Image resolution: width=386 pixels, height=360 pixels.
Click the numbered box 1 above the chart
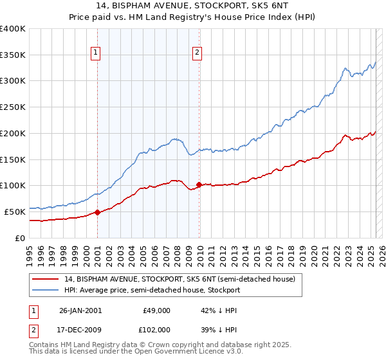(96, 53)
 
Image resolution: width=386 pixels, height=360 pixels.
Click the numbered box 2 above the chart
(197, 53)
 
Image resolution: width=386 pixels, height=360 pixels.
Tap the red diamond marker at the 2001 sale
(97, 212)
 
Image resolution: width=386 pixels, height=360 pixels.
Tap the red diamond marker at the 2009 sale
(199, 184)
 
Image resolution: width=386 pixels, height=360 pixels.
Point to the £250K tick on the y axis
(14, 107)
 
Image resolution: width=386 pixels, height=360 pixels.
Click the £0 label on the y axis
(21, 238)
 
